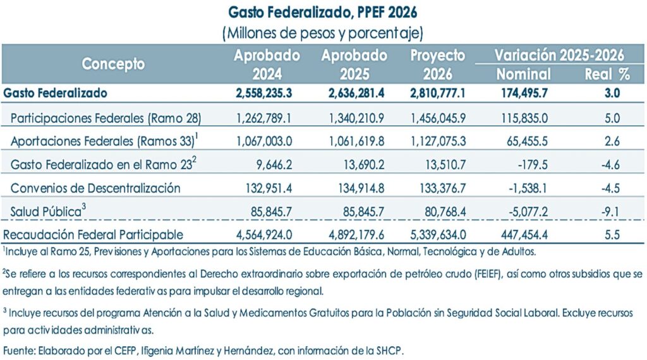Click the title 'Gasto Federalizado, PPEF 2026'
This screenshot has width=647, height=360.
(x=323, y=13)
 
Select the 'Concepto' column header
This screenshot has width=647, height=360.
(x=113, y=64)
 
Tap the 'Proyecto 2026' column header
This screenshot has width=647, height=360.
(x=438, y=64)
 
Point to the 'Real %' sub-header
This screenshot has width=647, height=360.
(x=607, y=74)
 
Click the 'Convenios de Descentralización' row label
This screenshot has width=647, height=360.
(x=96, y=188)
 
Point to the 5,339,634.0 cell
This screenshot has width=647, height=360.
(x=438, y=235)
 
